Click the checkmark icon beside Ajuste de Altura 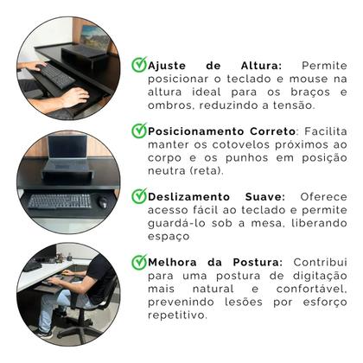point(138,65)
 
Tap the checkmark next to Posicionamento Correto point(138,131)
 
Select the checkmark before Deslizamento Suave point(138,196)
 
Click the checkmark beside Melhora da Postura point(138,262)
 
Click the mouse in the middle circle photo point(102,202)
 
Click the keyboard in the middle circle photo point(60,201)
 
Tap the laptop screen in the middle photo point(68,150)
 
